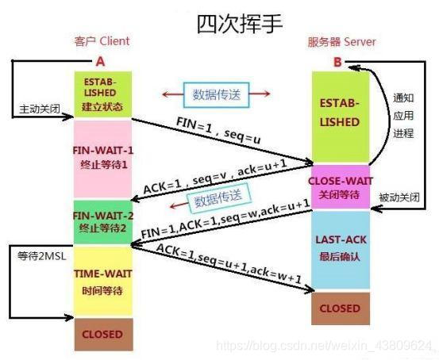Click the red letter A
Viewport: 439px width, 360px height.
point(100,60)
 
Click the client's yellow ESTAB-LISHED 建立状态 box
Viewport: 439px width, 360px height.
point(101,94)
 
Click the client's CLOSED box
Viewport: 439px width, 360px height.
point(101,334)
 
